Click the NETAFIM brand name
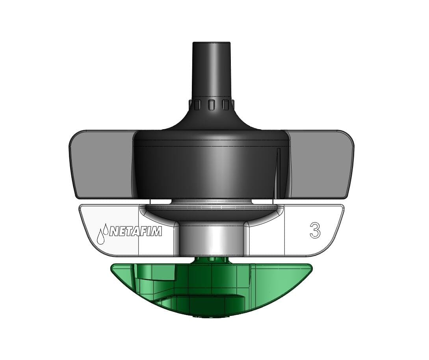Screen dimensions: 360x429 pos(135,232)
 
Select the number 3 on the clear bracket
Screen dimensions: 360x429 pos(315,230)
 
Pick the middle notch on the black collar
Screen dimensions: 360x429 pos(211,104)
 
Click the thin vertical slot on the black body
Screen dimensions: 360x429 pos(278,171)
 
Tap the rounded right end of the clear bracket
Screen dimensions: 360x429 pos(339,221)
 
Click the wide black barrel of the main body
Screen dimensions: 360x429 pos(211,169)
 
